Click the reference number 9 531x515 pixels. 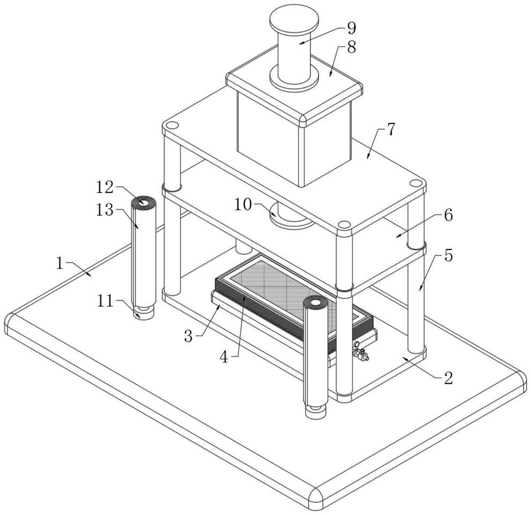click(x=351, y=29)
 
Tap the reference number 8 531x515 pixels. click(x=351, y=47)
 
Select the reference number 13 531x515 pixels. click(x=104, y=210)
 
